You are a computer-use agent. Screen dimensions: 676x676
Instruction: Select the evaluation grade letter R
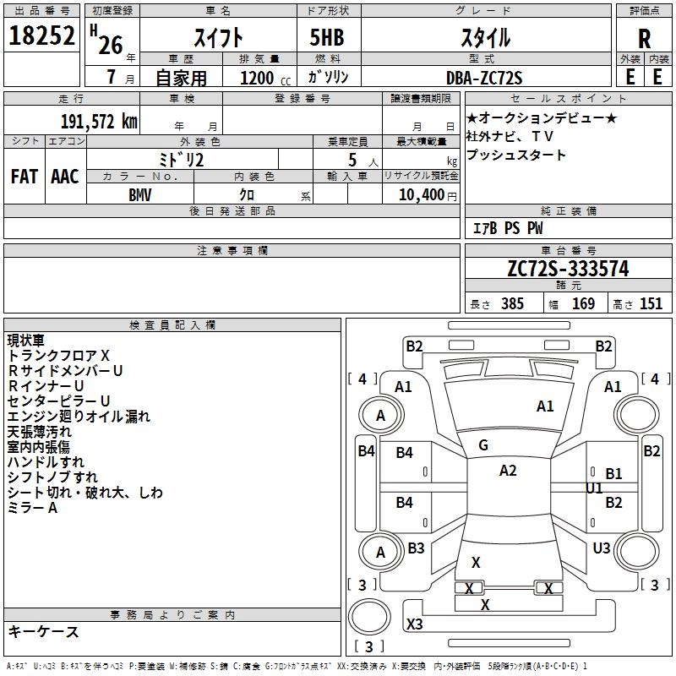point(644,39)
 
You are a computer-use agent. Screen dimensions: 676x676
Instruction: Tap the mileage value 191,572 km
point(99,122)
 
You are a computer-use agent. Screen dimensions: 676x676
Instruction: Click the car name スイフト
point(219,37)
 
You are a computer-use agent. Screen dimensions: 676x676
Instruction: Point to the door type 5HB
point(327,37)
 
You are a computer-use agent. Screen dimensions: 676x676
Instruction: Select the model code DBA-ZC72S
point(484,78)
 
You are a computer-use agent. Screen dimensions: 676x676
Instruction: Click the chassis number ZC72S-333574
point(568,269)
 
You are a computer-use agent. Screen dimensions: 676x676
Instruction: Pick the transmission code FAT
point(24,177)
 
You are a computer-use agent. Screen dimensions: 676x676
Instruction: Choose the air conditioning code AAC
point(64,177)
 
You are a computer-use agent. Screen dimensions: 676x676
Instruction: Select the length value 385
point(510,304)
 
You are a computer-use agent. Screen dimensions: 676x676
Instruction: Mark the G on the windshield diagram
point(483,445)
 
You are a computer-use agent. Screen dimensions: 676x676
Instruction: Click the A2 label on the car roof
point(508,471)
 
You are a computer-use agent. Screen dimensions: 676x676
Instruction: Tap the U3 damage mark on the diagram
point(601,548)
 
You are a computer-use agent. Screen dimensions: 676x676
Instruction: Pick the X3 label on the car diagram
point(415,624)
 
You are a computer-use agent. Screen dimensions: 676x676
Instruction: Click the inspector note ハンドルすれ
point(46,462)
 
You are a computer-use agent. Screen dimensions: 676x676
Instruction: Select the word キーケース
point(43,631)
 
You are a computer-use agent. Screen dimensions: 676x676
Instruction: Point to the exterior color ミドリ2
point(182,159)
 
